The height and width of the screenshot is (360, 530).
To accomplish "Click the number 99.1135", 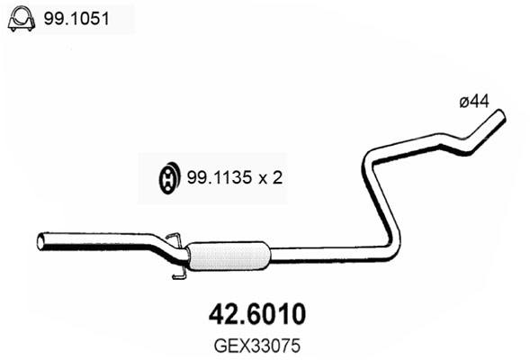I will click(215, 178).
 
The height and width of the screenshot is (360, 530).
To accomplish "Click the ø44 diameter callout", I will click(473, 103).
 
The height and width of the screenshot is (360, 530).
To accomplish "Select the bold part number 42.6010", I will click(257, 313).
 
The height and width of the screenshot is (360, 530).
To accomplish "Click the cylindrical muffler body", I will click(230, 255).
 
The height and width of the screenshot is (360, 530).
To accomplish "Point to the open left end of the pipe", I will click(40, 241).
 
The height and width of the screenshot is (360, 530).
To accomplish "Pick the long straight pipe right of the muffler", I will click(324, 256).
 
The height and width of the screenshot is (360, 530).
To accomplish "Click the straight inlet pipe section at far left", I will click(90, 240).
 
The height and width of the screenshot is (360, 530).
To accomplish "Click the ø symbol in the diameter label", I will click(463, 103).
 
